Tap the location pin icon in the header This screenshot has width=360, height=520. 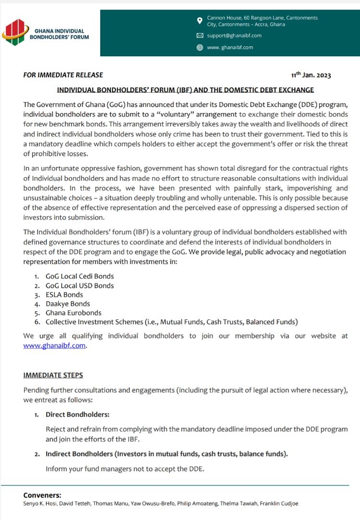coord(200,21)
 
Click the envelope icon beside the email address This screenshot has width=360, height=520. coord(200,36)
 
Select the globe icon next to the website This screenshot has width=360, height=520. coord(200,47)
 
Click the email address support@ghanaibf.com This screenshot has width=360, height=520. coord(234,36)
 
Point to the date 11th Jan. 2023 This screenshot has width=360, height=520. coord(311,75)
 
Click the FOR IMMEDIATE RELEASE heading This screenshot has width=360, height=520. coord(63,75)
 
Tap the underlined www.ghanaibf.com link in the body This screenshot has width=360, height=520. coord(55,345)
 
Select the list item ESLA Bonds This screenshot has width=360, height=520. coord(64,295)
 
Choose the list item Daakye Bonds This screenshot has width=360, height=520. coord(67,304)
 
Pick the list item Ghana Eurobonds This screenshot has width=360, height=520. coord(70,313)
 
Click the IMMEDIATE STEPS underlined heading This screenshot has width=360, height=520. coord(53,375)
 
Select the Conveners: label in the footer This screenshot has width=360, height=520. coord(42,495)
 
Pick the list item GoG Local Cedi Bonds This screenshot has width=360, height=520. coord(79,276)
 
